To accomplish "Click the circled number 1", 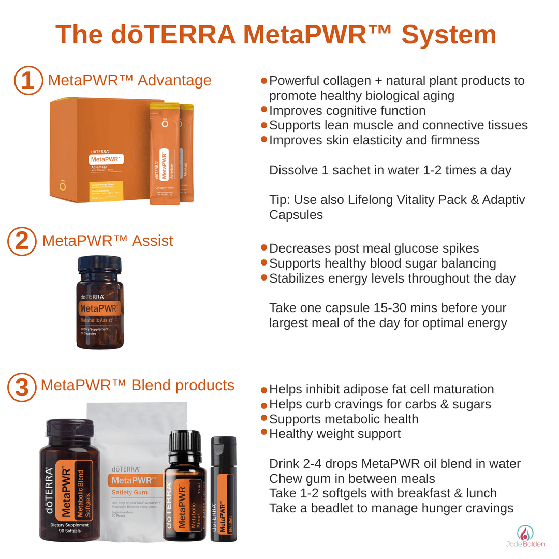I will (28, 81).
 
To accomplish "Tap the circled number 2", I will (22, 241).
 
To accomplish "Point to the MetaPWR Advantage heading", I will (129, 80).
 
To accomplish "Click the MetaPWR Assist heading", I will (107, 241).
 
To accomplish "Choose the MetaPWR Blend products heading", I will (137, 385).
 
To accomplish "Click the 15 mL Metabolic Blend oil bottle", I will (184, 492).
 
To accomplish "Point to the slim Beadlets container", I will (223, 489).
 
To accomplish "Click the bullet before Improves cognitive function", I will (264, 110).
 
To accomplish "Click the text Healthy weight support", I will (334, 433).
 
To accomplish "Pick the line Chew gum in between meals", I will (352, 478).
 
